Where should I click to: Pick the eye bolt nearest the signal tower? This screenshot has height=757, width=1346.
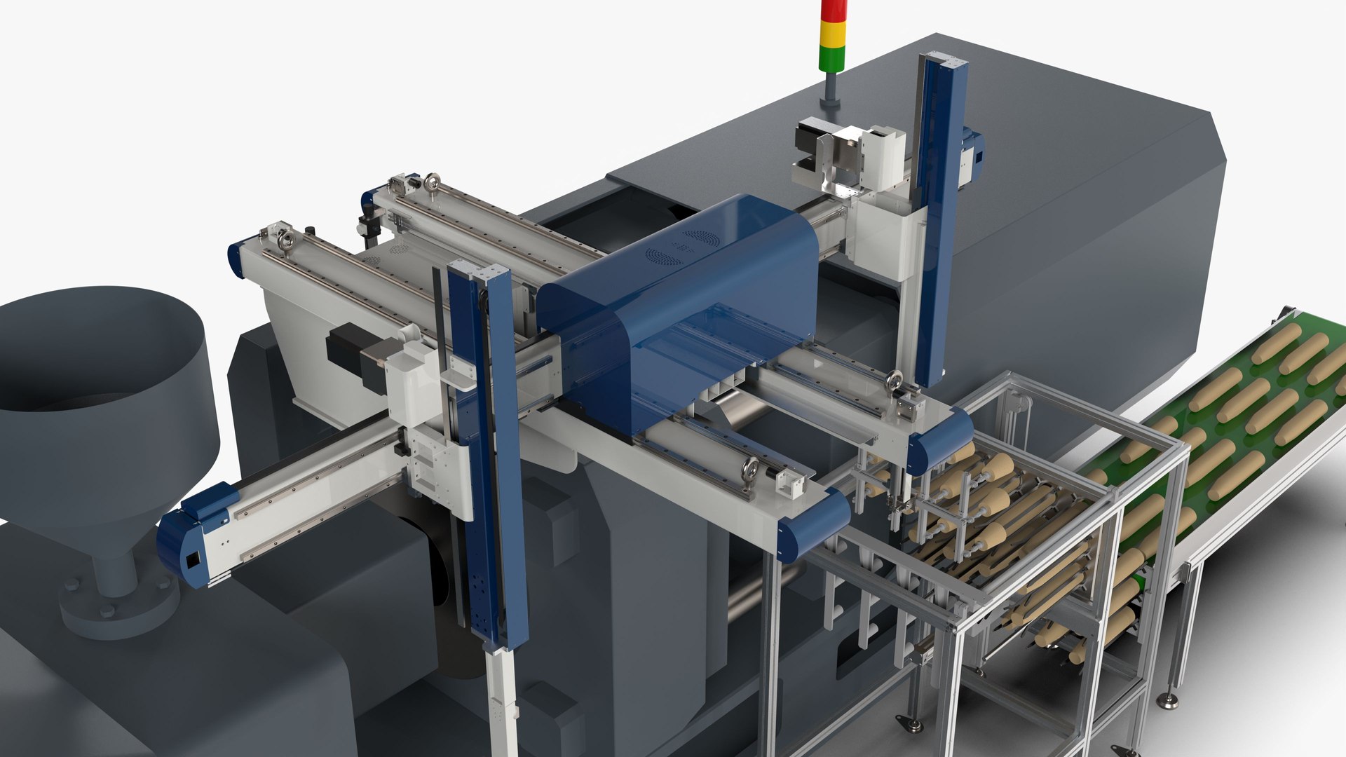click(433, 183)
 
